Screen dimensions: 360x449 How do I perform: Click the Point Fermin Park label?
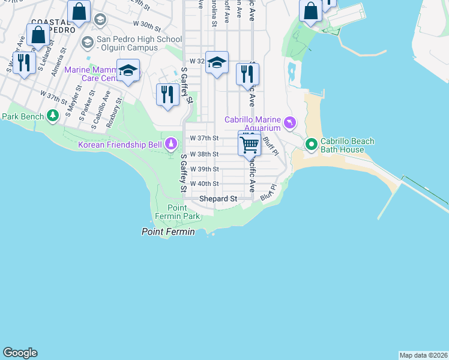(183, 212)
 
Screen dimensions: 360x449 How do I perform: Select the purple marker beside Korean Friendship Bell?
(171, 143)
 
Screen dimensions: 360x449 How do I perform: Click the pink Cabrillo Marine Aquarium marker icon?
(290, 123)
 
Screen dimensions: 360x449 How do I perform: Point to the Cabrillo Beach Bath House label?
(347, 145)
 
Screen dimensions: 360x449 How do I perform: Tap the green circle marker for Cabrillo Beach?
(311, 144)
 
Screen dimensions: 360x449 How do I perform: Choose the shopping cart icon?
(249, 143)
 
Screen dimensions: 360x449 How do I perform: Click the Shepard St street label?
(218, 199)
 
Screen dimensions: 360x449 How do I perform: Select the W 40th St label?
(204, 184)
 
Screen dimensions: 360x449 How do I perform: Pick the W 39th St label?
(204, 169)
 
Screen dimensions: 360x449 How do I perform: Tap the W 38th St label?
(204, 154)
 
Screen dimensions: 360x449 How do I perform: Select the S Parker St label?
(83, 103)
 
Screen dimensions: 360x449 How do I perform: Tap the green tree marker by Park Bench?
(53, 115)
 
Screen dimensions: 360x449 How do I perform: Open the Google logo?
(20, 353)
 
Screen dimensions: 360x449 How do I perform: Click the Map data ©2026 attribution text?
(423, 355)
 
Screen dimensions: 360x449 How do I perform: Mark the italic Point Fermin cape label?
(168, 232)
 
